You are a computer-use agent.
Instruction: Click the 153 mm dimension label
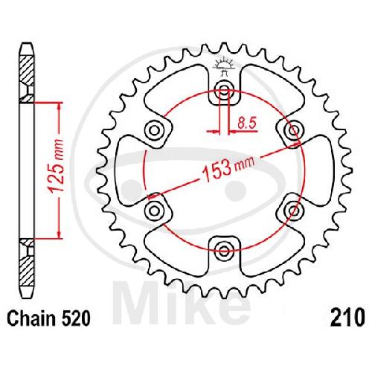coord(228,169)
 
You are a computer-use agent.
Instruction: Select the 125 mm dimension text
coord(57,166)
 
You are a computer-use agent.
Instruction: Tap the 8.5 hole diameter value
coord(246,124)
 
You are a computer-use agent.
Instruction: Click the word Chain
coord(31,318)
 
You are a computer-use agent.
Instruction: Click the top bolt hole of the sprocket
coord(224,89)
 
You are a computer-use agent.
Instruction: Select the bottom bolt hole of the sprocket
coord(224,249)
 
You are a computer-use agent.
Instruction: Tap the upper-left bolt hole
coord(154,129)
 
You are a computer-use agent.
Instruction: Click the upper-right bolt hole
coord(294,129)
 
